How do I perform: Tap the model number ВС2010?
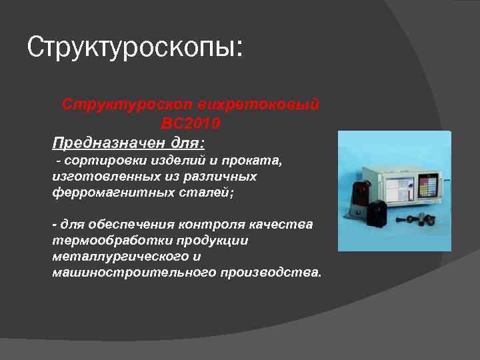coord(191,124)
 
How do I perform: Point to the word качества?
coord(281,225)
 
